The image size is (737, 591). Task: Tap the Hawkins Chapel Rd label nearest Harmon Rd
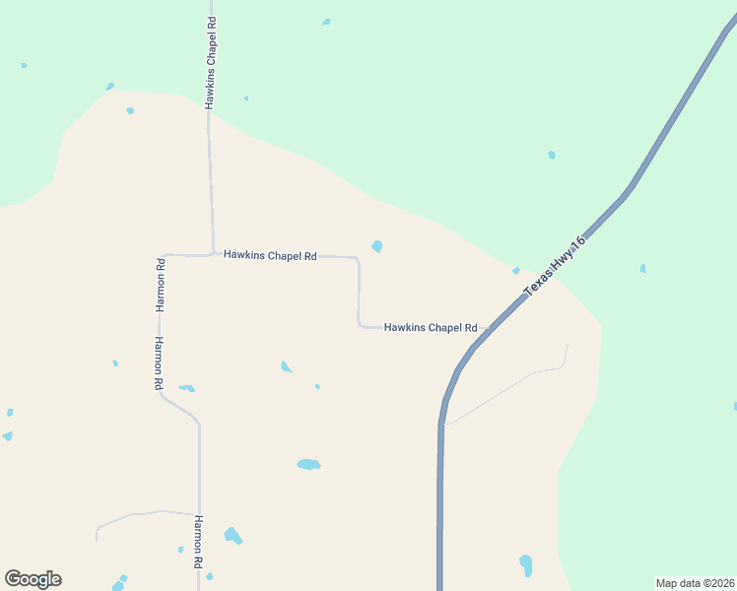click(x=269, y=255)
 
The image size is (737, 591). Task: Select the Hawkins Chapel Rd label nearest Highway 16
click(x=431, y=327)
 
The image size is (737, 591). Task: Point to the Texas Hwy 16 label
click(x=555, y=266)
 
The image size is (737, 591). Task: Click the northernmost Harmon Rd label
click(x=160, y=284)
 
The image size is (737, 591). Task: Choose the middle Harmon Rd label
click(x=157, y=363)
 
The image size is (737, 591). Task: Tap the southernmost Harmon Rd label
click(x=198, y=541)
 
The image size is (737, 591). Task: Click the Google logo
click(x=33, y=579)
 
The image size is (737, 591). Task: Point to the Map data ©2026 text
click(x=695, y=583)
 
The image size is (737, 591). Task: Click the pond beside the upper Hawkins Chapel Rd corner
click(x=376, y=246)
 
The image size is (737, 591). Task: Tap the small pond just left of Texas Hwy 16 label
click(x=515, y=271)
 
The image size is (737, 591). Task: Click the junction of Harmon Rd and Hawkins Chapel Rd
click(x=164, y=255)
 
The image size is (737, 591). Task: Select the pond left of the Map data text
click(x=526, y=565)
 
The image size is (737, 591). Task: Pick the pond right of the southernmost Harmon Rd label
click(x=233, y=536)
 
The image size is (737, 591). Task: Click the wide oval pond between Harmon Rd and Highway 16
click(x=308, y=464)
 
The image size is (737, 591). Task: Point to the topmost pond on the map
click(x=326, y=22)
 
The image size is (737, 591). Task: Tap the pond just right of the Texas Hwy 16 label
click(x=642, y=268)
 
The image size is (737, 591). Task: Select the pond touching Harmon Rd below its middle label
click(x=186, y=388)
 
